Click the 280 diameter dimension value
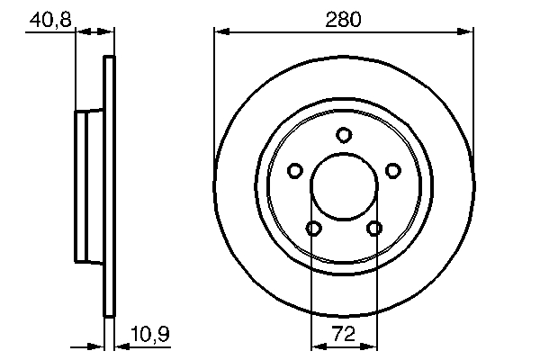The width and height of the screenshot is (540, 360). (343, 19)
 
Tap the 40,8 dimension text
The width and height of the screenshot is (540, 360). (48, 19)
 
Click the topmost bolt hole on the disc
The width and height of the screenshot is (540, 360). (343, 135)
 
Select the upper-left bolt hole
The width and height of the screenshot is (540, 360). (294, 170)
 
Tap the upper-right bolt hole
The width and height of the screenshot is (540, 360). (392, 170)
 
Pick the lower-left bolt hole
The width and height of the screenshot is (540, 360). (313, 229)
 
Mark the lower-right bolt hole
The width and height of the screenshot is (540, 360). (374, 229)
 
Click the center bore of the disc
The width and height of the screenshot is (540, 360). (344, 187)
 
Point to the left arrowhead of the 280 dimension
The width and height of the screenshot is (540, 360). (220, 32)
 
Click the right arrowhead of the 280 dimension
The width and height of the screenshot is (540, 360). (466, 32)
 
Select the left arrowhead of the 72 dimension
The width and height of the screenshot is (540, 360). (317, 346)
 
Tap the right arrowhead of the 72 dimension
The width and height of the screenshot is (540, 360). (370, 346)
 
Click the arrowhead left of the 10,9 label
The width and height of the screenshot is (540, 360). (121, 346)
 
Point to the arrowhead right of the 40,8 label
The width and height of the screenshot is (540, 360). (81, 32)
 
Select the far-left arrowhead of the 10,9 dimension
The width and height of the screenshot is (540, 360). (99, 346)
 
